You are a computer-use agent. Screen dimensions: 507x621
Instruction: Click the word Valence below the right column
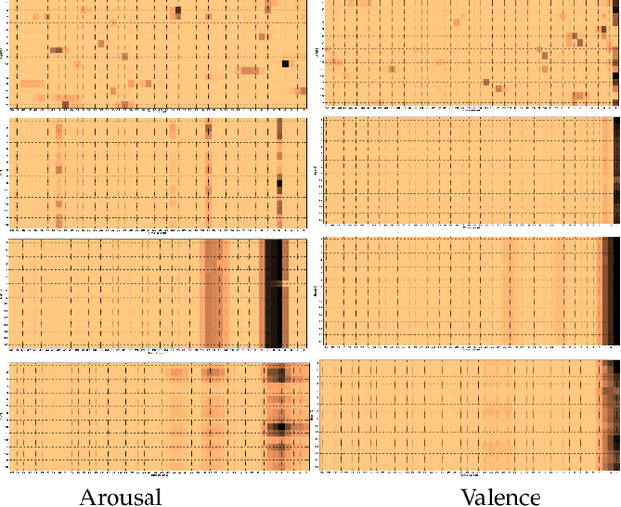pos(500,496)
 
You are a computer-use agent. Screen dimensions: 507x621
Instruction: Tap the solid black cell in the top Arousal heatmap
pos(285,64)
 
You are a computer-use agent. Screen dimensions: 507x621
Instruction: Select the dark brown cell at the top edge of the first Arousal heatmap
pos(178,11)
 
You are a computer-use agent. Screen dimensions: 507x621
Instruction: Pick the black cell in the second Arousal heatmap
pos(279,182)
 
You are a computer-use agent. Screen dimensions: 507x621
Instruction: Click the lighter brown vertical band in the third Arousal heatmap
pos(212,291)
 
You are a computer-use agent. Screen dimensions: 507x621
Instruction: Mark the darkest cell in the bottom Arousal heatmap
pos(279,426)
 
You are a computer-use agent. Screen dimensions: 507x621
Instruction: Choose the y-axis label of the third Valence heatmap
pos(316,289)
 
